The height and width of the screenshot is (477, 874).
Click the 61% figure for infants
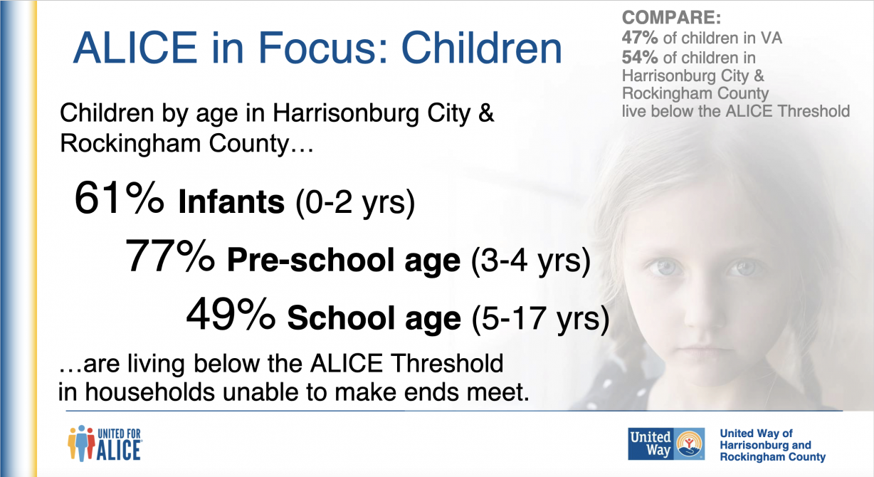tap(119, 198)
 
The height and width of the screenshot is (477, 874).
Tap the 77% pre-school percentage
tap(169, 256)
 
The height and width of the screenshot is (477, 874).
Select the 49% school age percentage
tap(231, 314)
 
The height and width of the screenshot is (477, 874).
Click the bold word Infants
tap(231, 201)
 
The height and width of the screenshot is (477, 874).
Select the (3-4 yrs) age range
tap(531, 261)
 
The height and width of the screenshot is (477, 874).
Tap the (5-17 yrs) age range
tap(540, 319)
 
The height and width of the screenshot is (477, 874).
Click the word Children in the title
tap(481, 48)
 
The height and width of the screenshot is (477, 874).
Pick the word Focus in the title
tap(322, 48)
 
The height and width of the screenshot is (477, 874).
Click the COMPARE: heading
tap(671, 18)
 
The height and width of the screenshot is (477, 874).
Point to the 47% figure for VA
tap(640, 38)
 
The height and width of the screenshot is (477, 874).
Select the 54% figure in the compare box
tap(640, 58)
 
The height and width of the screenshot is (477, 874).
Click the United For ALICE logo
tap(105, 444)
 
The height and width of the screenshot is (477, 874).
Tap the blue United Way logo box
tap(666, 444)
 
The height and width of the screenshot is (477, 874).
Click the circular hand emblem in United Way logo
tap(690, 444)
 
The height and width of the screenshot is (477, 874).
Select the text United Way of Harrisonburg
tap(764, 439)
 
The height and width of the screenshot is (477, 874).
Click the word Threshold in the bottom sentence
tap(447, 363)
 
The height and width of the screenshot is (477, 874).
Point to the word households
tap(150, 392)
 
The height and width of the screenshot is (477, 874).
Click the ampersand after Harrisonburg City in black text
tap(486, 113)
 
